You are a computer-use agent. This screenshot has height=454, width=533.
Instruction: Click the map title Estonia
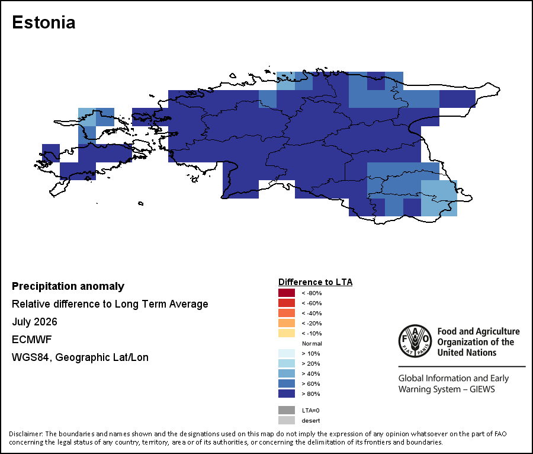click(x=43, y=23)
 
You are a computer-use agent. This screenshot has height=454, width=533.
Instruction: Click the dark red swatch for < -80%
click(x=287, y=293)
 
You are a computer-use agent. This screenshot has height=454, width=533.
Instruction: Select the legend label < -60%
click(x=312, y=303)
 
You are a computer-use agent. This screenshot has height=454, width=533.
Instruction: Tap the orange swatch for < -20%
click(x=287, y=323)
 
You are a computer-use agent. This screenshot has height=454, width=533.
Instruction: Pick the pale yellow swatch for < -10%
click(x=287, y=333)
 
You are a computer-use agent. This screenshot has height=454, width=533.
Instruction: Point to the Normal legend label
click(x=312, y=344)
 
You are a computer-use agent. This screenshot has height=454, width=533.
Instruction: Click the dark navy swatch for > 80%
click(x=287, y=394)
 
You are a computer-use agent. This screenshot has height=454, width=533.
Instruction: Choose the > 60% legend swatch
click(x=287, y=383)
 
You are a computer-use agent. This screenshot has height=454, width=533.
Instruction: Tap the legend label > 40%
click(x=311, y=374)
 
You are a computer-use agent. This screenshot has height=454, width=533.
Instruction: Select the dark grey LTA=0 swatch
click(x=287, y=411)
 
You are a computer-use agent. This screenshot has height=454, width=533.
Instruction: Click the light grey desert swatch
click(x=287, y=420)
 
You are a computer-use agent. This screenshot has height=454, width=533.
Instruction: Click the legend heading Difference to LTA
click(x=315, y=282)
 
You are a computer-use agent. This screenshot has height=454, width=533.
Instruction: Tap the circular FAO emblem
click(x=415, y=341)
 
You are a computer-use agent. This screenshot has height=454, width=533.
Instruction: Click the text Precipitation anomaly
click(x=68, y=286)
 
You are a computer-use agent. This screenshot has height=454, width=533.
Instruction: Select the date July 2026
click(x=34, y=322)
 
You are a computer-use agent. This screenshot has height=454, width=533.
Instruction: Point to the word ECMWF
click(x=31, y=340)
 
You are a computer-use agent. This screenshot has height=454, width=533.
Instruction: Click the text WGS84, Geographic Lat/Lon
click(x=80, y=357)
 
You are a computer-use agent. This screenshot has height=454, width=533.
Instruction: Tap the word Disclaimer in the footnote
click(x=25, y=434)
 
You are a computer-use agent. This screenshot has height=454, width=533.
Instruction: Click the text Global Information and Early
click(x=454, y=378)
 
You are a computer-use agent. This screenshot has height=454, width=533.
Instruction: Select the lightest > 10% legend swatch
click(x=287, y=353)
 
